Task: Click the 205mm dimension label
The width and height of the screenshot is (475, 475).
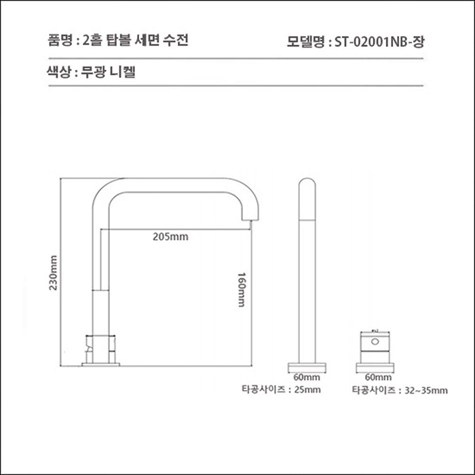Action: (170, 237)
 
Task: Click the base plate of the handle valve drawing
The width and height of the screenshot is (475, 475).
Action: (375, 365)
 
